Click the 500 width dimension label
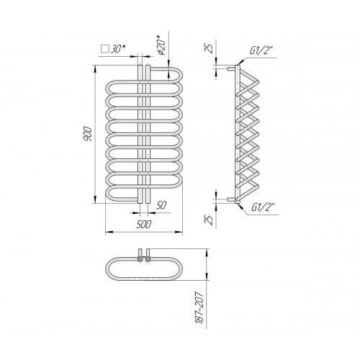tap(144, 225)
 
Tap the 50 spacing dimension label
tap(161, 205)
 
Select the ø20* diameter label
tap(161, 45)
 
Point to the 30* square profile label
tap(118, 49)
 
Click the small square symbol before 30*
tap(105, 49)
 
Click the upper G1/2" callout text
tap(261, 50)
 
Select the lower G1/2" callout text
tap(263, 207)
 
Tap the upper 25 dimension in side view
tap(210, 48)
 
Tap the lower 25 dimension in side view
tap(210, 220)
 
